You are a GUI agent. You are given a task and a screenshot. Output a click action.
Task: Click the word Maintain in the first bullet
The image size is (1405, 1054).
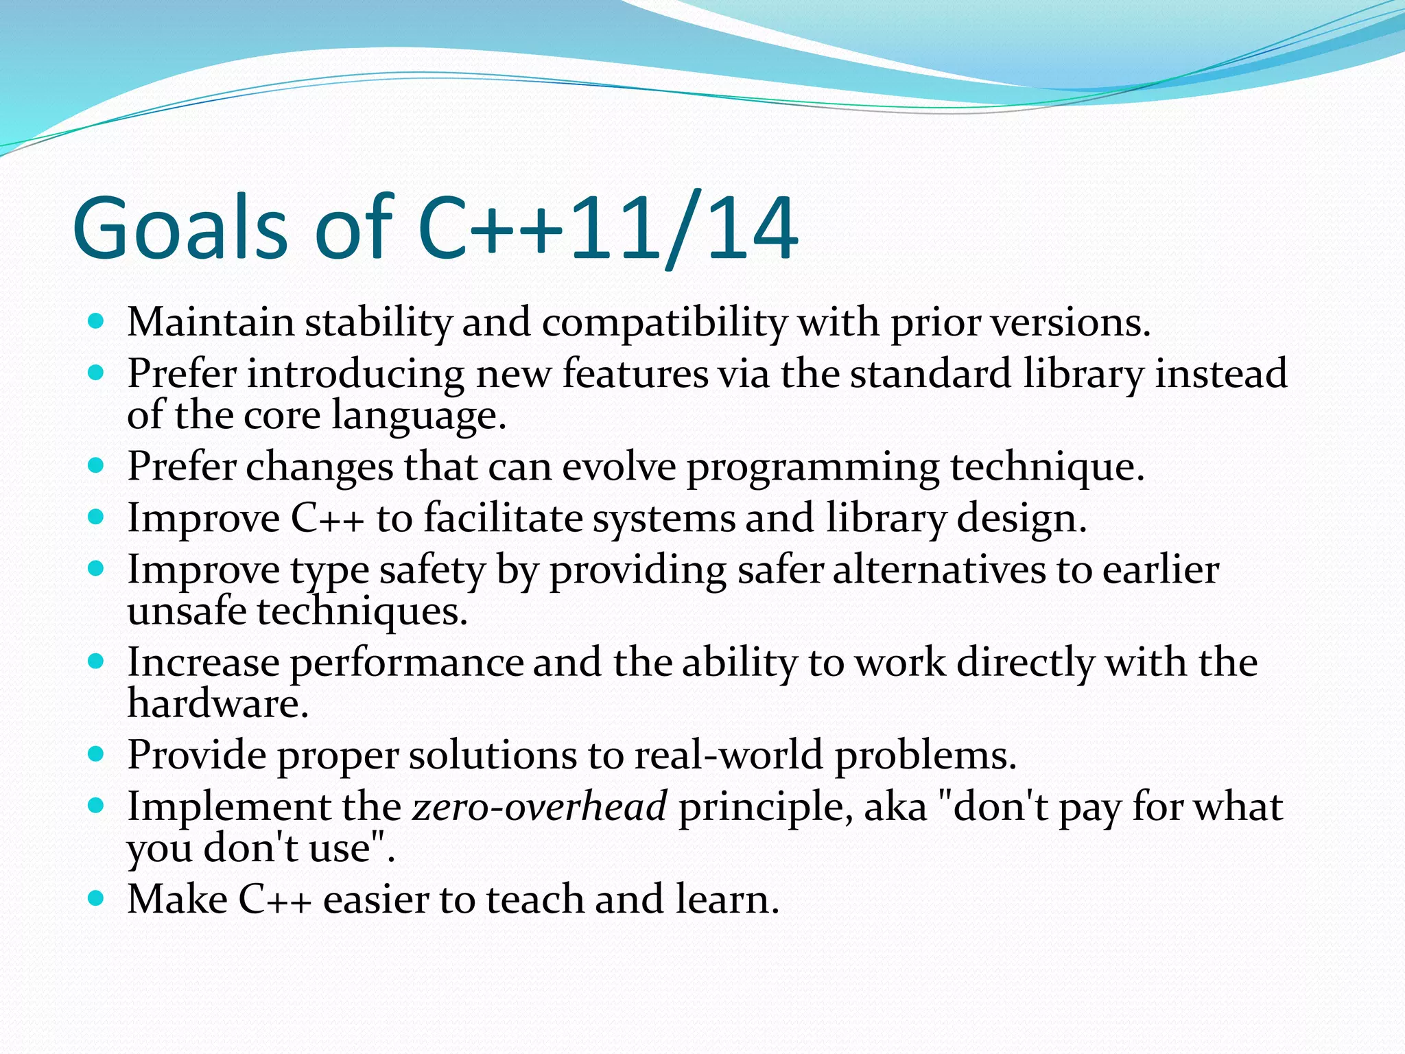(210, 322)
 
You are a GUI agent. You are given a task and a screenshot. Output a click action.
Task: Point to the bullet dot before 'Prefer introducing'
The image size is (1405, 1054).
(96, 373)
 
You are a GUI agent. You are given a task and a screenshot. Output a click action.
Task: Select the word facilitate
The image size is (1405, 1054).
(503, 518)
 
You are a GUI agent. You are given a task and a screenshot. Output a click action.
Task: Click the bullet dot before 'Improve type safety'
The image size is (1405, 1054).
(96, 569)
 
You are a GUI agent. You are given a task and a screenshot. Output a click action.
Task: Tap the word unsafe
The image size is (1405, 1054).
(187, 611)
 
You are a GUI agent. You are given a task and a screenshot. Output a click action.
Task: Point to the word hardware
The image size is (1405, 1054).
(217, 704)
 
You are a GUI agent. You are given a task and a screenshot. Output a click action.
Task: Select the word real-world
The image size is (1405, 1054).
(728, 756)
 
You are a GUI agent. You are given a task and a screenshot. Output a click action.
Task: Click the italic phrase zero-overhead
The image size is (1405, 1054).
(539, 807)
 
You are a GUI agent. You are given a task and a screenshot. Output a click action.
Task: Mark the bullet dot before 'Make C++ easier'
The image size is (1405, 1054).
(96, 898)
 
